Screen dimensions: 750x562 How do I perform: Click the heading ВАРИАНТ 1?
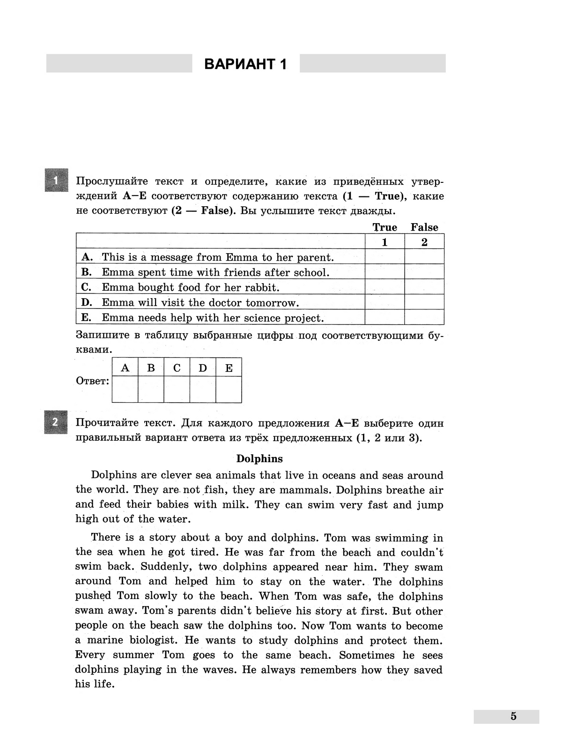click(x=245, y=64)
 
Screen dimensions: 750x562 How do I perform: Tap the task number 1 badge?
click(x=56, y=180)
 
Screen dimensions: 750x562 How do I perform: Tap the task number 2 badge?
click(x=56, y=422)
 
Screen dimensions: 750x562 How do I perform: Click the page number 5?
click(x=513, y=716)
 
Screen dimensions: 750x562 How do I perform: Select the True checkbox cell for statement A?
click(x=385, y=257)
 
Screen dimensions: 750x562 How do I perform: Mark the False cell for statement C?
click(x=424, y=287)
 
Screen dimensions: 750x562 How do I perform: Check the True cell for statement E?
click(x=385, y=317)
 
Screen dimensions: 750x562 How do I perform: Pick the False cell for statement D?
click(x=424, y=302)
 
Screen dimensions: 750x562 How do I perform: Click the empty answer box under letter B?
click(x=151, y=389)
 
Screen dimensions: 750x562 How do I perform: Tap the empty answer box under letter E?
click(x=229, y=389)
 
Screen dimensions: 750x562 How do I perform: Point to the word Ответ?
click(x=93, y=381)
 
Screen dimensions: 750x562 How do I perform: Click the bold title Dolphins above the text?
click(x=259, y=458)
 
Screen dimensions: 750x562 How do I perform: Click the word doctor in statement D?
click(x=226, y=302)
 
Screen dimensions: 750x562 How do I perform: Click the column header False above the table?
click(x=424, y=227)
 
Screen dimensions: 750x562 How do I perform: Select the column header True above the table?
click(x=385, y=227)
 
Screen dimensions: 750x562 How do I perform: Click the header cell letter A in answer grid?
click(x=125, y=368)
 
